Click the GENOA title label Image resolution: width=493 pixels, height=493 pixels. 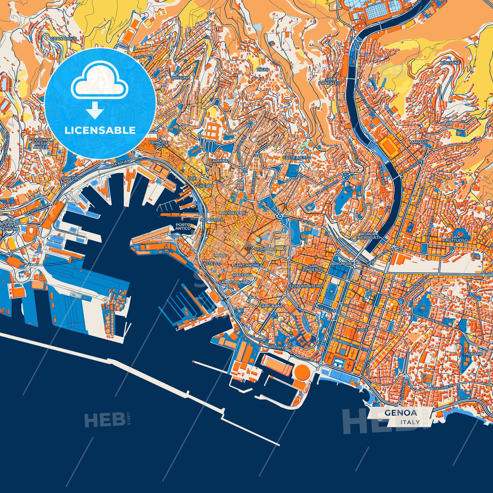pyautogui.click(x=401, y=412)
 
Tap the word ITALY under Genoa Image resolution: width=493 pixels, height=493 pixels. pyautogui.click(x=410, y=422)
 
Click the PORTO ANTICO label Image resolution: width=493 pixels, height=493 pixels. pyautogui.click(x=183, y=227)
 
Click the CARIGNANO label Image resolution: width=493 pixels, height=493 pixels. pyautogui.click(x=271, y=306)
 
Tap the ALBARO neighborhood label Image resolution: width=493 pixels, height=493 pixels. pyautogui.click(x=474, y=354)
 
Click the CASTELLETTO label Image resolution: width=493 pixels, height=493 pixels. pyautogui.click(x=296, y=158)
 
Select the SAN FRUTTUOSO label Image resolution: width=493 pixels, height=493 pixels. pyautogui.click(x=460, y=238)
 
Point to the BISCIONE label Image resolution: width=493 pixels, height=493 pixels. pyautogui.click(x=450, y=63)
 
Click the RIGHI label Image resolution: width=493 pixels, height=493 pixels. pyautogui.click(x=262, y=69)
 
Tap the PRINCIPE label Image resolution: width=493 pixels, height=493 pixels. pyautogui.click(x=158, y=142)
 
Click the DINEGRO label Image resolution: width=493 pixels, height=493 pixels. pyautogui.click(x=71, y=178)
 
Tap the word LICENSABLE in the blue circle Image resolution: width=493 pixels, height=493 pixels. pyautogui.click(x=100, y=130)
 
